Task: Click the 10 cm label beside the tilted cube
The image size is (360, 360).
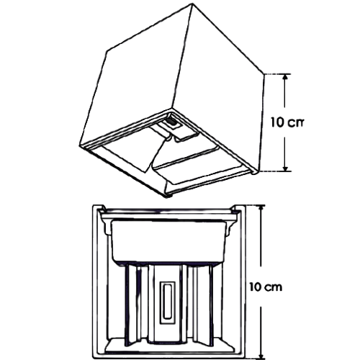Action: (287, 122)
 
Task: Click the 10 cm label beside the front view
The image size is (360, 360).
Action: (266, 287)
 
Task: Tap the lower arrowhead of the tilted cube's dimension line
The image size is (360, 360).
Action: (285, 168)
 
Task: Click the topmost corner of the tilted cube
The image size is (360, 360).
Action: (192, 4)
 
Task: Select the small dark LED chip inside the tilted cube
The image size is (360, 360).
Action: (171, 122)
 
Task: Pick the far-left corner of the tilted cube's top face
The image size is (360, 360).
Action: (107, 51)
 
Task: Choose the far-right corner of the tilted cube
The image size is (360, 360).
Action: (264, 73)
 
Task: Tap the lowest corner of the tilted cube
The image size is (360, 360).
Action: (166, 196)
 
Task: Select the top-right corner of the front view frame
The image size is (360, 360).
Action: (244, 205)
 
